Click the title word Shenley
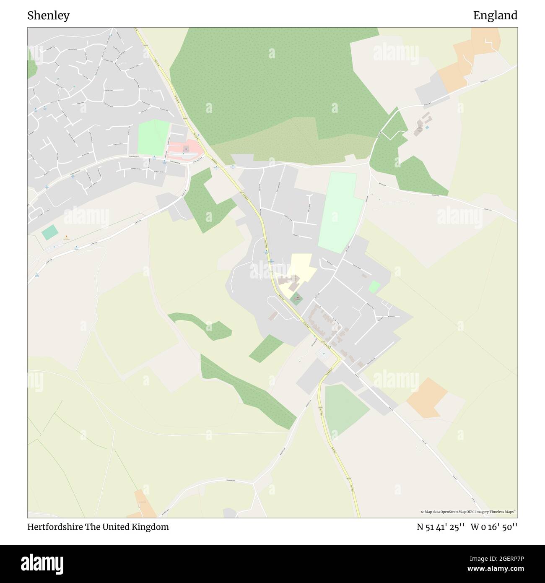point(49,16)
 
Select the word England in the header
point(495,16)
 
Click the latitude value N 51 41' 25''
point(440,527)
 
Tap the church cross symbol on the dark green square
point(298,298)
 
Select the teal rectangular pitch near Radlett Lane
point(50,232)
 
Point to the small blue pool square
point(427,127)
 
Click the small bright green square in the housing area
point(374,287)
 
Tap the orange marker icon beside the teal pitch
point(66,236)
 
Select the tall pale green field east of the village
point(340,212)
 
